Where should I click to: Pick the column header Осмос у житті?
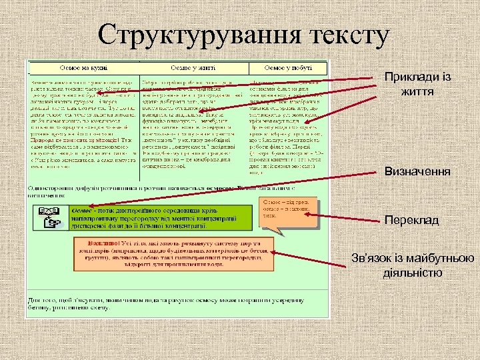pyautogui.click(x=193, y=67)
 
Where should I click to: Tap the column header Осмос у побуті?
pyautogui.click(x=288, y=67)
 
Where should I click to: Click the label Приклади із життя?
pyautogui.click(x=417, y=84)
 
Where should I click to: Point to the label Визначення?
pyautogui.click(x=417, y=172)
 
